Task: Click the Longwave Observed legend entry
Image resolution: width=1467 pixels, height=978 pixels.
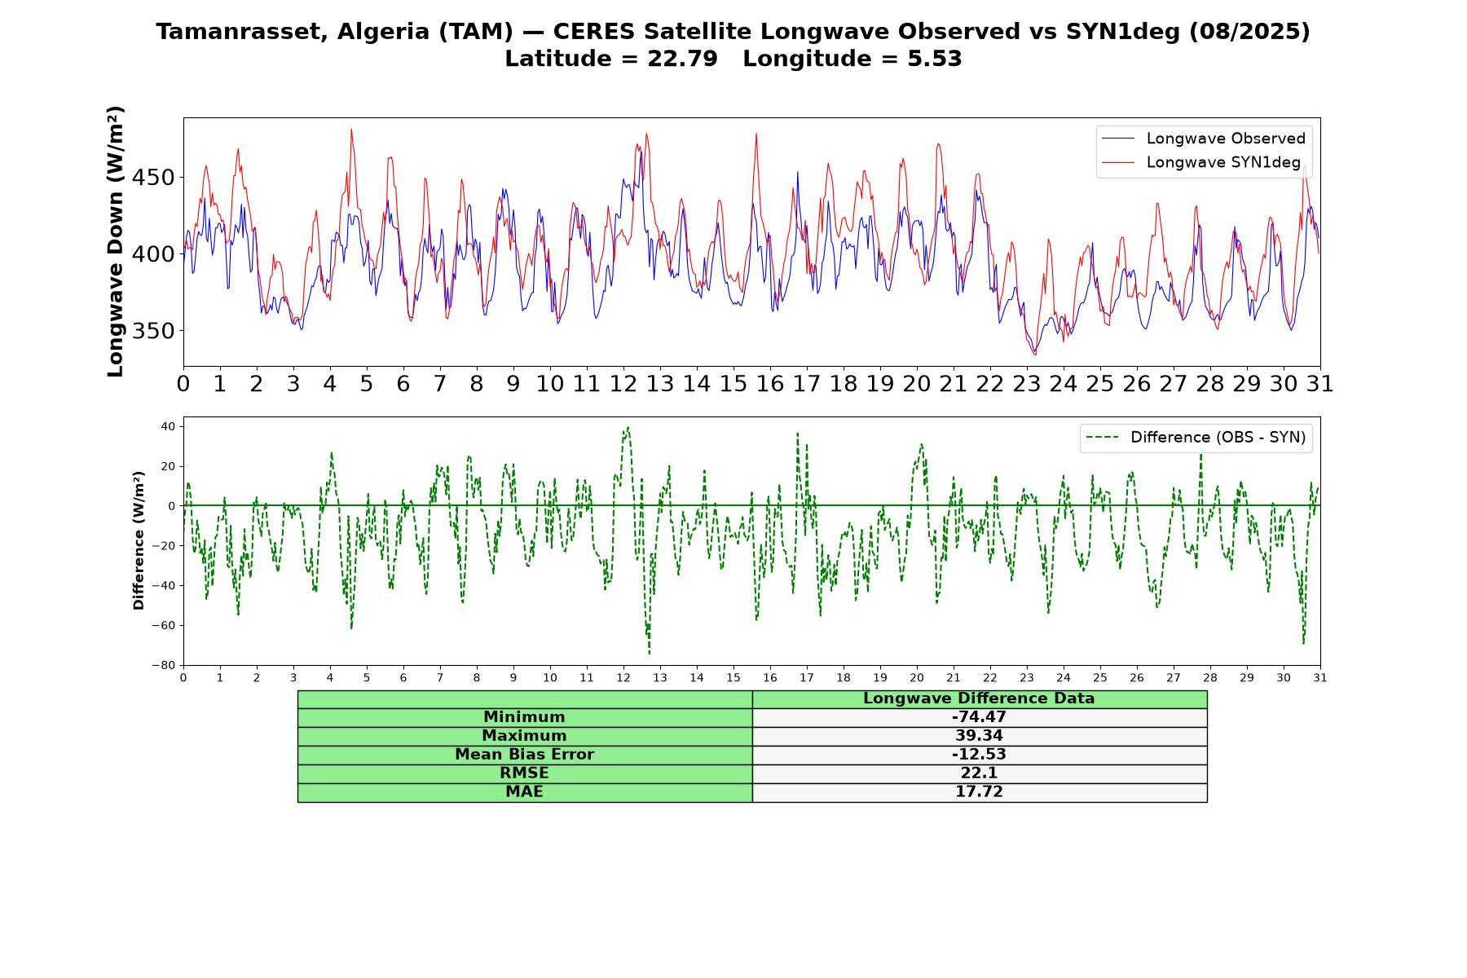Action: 1203,139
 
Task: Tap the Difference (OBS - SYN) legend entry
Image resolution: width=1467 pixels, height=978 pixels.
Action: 1196,438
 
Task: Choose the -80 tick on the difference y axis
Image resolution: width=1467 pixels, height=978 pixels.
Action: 164,665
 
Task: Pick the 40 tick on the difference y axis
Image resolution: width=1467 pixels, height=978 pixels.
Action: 169,426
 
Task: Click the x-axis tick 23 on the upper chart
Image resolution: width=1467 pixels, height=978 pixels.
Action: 1027,384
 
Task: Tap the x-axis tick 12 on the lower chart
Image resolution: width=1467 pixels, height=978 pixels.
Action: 623,678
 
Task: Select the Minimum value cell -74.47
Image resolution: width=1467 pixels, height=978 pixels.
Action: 979,717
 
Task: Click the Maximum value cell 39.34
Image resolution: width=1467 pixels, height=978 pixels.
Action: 979,736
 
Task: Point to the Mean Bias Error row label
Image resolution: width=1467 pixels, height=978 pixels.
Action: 524,755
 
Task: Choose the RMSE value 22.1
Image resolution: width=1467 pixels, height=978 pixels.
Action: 979,773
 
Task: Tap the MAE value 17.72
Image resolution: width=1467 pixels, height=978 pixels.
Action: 979,792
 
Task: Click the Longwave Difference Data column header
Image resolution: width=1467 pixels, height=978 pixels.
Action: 979,698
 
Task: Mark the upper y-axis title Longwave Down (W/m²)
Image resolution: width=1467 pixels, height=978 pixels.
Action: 116,241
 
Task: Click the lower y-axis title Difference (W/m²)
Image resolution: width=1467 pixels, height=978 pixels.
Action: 139,541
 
